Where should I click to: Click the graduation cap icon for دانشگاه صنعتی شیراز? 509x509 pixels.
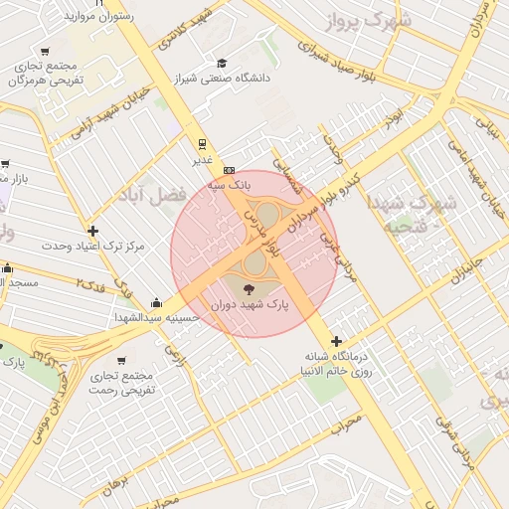(221, 62)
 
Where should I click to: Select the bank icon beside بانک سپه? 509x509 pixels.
(229, 170)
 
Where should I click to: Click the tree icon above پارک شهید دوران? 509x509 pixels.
(249, 288)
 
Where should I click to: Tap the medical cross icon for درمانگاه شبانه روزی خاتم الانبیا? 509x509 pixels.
(337, 341)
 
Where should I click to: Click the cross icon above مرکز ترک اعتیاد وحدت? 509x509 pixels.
(92, 231)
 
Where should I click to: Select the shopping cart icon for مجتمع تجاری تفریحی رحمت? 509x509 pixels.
(121, 361)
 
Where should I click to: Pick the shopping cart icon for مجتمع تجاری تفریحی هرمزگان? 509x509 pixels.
(46, 51)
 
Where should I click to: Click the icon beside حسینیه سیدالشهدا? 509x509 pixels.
(156, 302)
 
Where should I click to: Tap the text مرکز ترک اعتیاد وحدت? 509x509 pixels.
(94, 245)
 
